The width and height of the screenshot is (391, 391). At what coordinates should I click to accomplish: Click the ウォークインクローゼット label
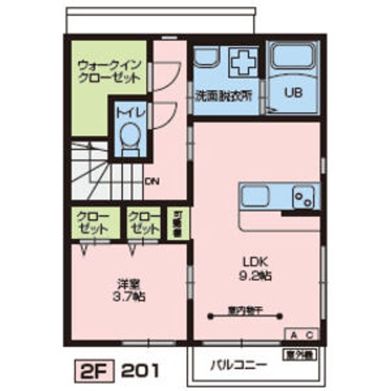(x=109, y=71)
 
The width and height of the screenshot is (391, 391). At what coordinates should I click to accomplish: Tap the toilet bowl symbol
(x=129, y=136)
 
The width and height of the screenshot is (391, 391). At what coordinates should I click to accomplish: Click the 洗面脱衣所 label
(x=224, y=93)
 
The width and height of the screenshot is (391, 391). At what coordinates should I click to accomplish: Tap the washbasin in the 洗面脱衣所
(x=206, y=56)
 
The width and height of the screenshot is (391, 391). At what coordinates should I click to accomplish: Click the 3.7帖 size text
(x=128, y=297)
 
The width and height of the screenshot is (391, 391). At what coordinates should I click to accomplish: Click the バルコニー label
(x=238, y=364)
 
